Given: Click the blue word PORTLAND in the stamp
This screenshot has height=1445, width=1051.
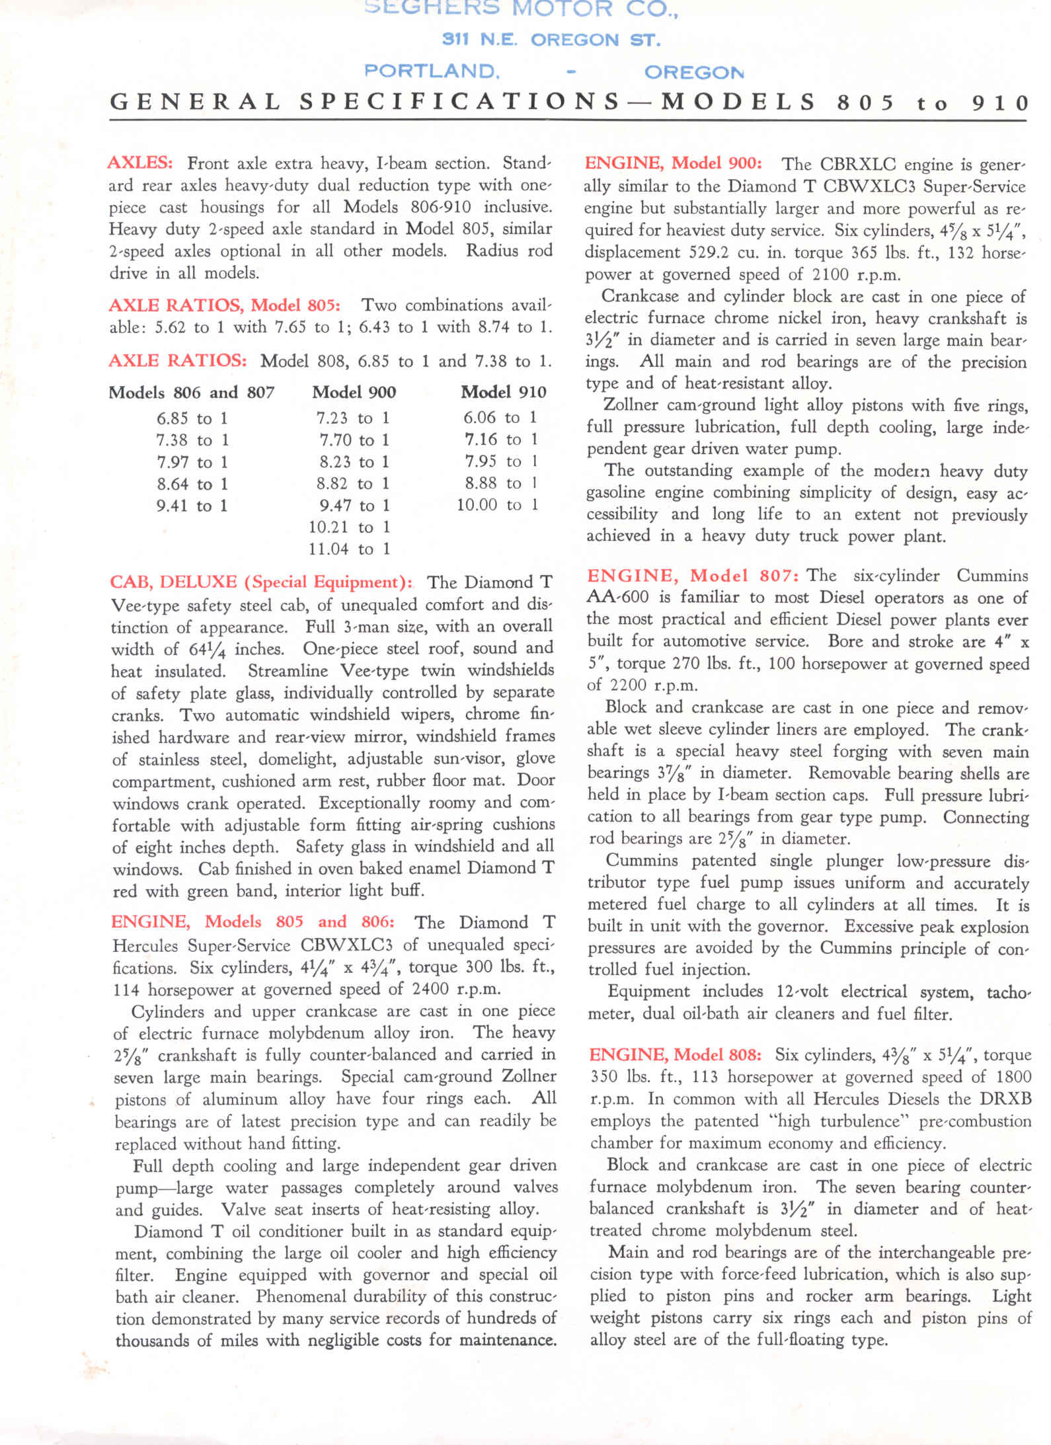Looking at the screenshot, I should [432, 71].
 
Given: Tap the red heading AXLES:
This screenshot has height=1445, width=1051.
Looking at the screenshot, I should [140, 163].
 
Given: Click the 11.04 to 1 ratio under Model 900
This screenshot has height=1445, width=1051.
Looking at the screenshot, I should [349, 549].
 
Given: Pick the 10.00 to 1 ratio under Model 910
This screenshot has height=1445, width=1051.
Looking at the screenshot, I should [497, 505].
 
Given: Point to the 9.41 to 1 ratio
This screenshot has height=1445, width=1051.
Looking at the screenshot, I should [192, 506].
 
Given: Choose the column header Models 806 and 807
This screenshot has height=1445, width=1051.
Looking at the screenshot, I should [191, 393].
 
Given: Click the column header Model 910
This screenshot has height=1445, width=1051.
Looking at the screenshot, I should [503, 393].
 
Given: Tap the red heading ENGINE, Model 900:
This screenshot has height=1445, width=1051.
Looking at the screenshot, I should [673, 163].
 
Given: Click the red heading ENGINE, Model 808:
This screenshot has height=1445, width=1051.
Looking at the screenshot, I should [675, 1054].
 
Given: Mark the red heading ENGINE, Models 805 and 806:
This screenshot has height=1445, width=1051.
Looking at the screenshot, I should [253, 922].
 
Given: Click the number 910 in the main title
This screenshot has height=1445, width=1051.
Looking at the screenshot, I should [1001, 103].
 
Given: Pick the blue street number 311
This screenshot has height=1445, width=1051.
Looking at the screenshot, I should [455, 40].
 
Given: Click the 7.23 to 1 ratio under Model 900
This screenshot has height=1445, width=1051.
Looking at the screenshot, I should [352, 418].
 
